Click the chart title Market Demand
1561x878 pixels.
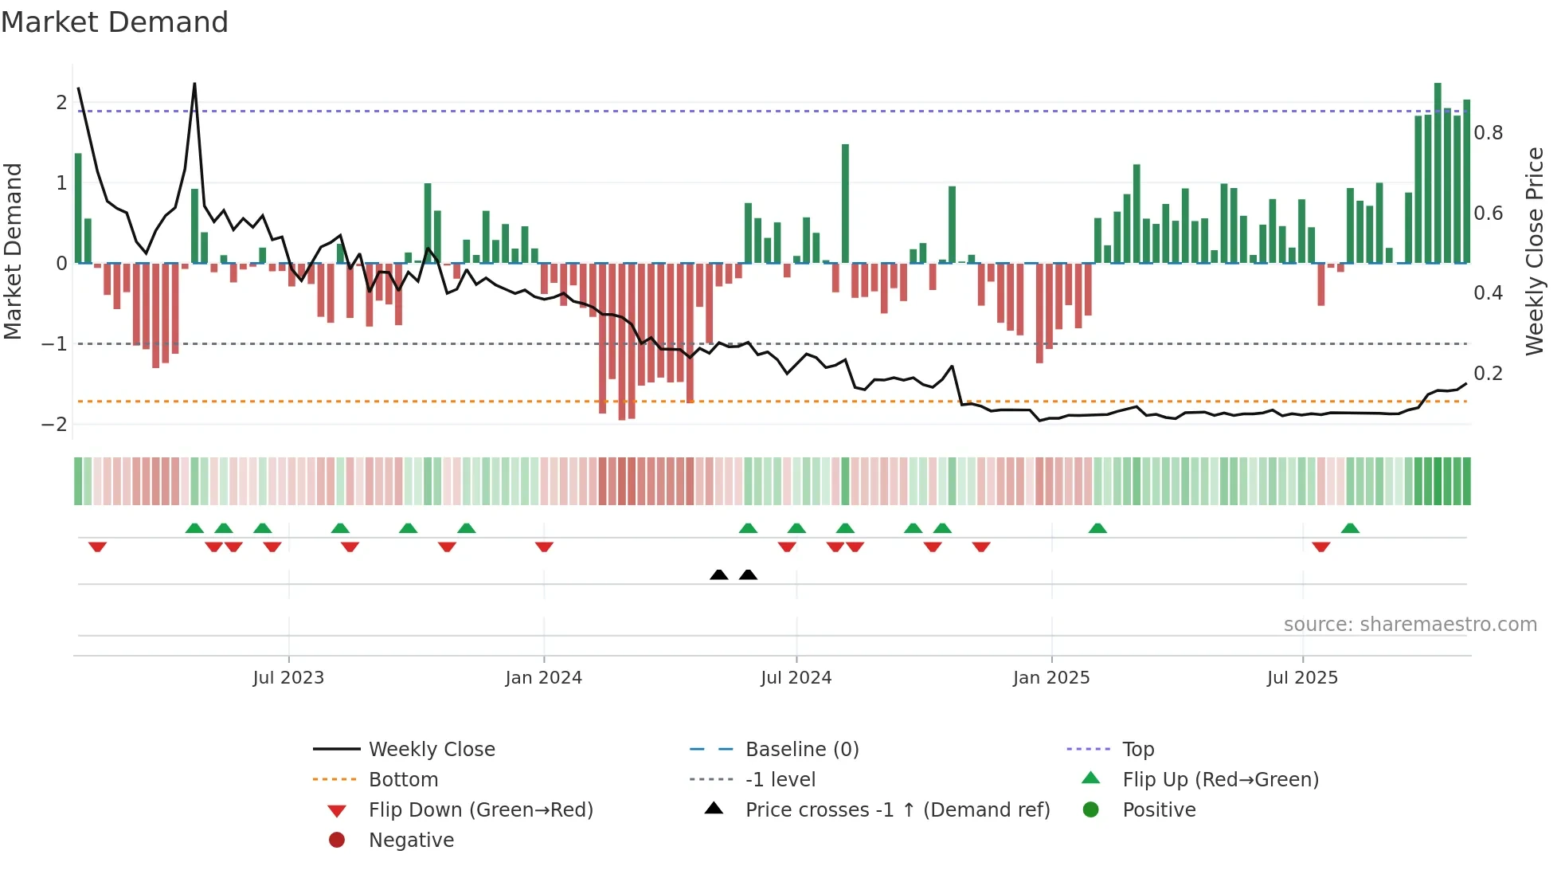pyautogui.click(x=115, y=22)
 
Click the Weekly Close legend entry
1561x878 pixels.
pyautogui.click(x=431, y=750)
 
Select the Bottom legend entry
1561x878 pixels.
pyautogui.click(x=403, y=780)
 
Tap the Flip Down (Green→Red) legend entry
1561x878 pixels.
pyautogui.click(x=480, y=810)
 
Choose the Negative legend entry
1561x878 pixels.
pyautogui.click(x=411, y=841)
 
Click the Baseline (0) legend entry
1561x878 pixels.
pyautogui.click(x=801, y=750)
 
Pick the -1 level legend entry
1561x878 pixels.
pyautogui.click(x=780, y=780)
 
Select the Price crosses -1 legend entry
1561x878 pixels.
pyautogui.click(x=897, y=810)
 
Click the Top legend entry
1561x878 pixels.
pyautogui.click(x=1137, y=750)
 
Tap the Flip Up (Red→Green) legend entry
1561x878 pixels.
pyautogui.click(x=1220, y=780)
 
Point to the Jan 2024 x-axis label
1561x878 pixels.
pyautogui.click(x=543, y=678)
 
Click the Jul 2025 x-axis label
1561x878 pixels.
pyautogui.click(x=1302, y=678)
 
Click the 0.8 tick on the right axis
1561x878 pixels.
pyautogui.click(x=1488, y=133)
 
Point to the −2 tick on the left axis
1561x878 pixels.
pyautogui.click(x=54, y=424)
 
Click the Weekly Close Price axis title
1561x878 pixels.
pyautogui.click(x=1534, y=251)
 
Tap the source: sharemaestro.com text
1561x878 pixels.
pyautogui.click(x=1410, y=625)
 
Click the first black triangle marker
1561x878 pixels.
pyautogui.click(x=718, y=574)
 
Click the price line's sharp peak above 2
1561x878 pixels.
pyautogui.click(x=194, y=84)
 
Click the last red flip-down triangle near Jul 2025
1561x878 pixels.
pyautogui.click(x=1320, y=547)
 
